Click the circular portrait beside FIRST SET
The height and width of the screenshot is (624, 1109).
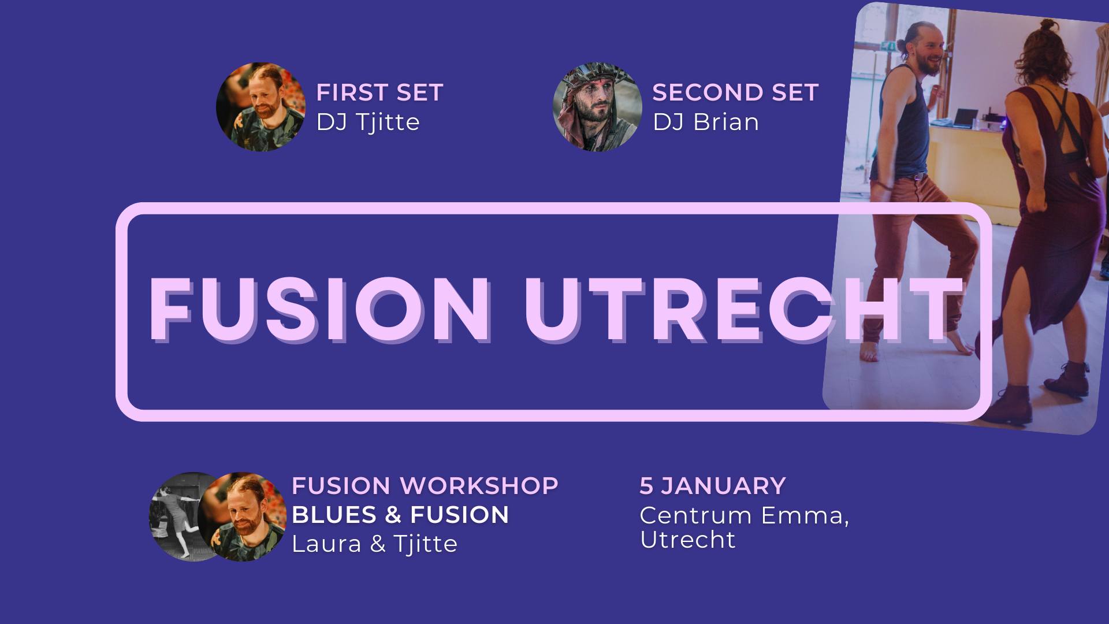[260, 107]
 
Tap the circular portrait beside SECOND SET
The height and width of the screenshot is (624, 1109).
[597, 107]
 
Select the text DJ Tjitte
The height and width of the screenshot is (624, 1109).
[368, 122]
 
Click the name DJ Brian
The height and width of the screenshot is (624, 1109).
[706, 122]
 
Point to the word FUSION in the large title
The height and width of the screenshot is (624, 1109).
[319, 311]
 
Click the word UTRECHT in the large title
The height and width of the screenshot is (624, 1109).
[743, 311]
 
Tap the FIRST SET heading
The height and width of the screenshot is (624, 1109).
[379, 92]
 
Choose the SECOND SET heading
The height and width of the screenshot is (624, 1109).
[735, 92]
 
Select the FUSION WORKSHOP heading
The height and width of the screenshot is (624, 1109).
[425, 486]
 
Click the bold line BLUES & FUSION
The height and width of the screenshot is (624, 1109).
[400, 515]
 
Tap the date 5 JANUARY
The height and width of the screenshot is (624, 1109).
[713, 486]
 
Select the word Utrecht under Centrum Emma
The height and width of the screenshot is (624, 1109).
[688, 540]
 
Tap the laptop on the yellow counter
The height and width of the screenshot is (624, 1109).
[965, 118]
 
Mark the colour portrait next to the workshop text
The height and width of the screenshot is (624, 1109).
[243, 517]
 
